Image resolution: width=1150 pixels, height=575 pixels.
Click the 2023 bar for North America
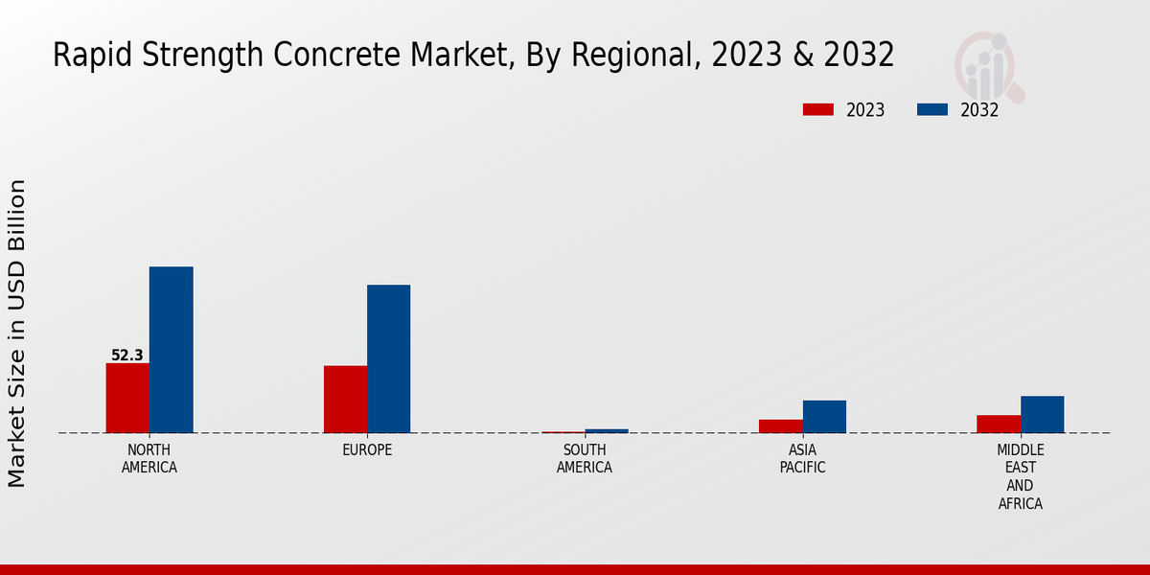[x=127, y=398]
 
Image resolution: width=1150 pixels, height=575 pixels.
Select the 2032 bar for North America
[x=171, y=350]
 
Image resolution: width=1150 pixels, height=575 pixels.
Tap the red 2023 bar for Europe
[x=345, y=399]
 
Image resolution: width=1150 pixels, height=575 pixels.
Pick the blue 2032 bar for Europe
[x=388, y=358]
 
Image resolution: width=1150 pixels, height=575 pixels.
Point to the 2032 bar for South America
[x=607, y=430]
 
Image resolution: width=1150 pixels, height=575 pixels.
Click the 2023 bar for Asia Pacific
[x=781, y=425]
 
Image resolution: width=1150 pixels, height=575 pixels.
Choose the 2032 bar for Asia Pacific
[x=824, y=416]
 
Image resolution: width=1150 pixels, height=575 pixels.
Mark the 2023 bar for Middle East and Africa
[x=999, y=424]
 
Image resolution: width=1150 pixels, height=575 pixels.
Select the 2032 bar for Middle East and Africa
[x=1042, y=414]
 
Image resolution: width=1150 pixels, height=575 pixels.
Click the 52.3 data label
[x=127, y=356]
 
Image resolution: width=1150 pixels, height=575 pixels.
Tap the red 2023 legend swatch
[x=817, y=109]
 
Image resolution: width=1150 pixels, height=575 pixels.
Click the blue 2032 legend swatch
[x=931, y=109]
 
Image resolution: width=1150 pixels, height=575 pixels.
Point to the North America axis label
[x=149, y=459]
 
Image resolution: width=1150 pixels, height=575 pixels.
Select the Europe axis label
[x=367, y=450]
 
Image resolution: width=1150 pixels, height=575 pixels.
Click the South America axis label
[x=585, y=459]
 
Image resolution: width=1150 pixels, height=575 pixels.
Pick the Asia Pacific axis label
[x=802, y=459]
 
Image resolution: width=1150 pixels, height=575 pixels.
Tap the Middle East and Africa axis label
[x=1020, y=476]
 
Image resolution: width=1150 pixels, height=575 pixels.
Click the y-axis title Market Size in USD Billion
[x=17, y=333]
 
